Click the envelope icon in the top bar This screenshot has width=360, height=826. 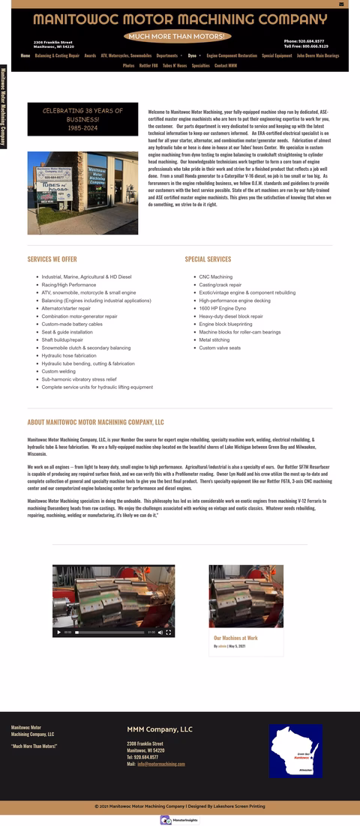(341, 4)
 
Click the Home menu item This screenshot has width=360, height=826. (25, 55)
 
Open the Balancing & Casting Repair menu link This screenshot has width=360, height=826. (57, 55)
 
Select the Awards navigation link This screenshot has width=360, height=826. (90, 55)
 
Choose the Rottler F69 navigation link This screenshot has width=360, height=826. (148, 66)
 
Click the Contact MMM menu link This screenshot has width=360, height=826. (226, 66)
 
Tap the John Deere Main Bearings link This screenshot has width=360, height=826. (318, 55)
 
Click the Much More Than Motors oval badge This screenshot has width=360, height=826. (178, 36)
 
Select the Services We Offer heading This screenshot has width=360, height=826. (52, 259)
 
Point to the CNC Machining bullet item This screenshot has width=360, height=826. (216, 277)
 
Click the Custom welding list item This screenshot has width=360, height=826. (58, 372)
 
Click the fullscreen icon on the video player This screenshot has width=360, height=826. (169, 633)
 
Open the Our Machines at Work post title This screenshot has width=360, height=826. (235, 639)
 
